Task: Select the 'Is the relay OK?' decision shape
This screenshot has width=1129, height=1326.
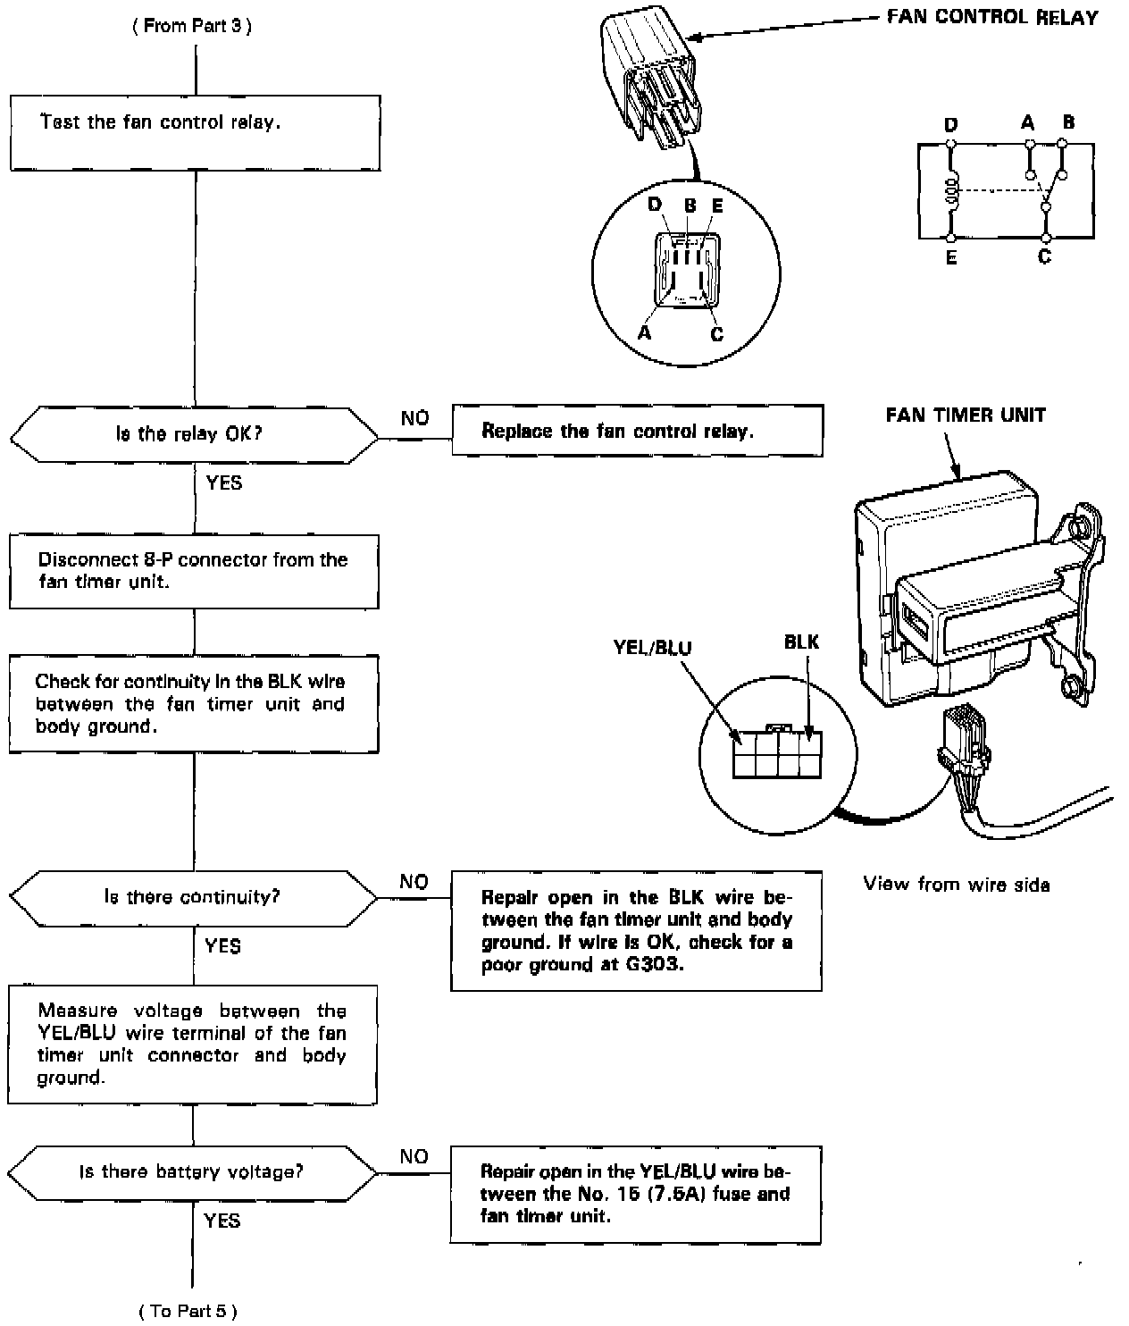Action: tap(195, 435)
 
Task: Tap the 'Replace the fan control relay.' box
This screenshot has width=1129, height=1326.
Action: tap(637, 431)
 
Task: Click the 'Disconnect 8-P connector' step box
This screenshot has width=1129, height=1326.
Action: tap(194, 571)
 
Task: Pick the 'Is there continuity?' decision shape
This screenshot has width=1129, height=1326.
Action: tap(194, 896)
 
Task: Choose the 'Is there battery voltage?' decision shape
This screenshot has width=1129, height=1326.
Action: tap(193, 1171)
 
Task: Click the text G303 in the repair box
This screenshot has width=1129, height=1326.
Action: tap(650, 965)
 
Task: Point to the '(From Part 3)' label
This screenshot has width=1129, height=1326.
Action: tap(192, 26)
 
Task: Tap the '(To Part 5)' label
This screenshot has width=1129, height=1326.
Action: tap(188, 1311)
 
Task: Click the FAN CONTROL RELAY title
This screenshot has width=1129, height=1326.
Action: tap(991, 17)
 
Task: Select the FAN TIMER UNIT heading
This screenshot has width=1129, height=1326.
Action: tap(966, 415)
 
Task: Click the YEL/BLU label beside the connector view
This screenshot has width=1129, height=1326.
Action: tap(652, 647)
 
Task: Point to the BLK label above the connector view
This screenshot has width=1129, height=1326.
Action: tap(801, 642)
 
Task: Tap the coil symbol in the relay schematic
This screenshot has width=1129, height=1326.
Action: tap(952, 190)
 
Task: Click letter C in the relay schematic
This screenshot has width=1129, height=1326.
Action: tap(1044, 257)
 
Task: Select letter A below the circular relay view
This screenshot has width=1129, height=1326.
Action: tap(644, 332)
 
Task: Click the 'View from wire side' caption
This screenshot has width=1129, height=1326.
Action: tap(956, 885)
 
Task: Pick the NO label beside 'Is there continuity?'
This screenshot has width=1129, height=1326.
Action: tap(414, 882)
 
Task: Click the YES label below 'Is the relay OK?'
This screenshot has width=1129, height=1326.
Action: tap(223, 483)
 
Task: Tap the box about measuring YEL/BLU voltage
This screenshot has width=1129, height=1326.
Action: tap(193, 1045)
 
